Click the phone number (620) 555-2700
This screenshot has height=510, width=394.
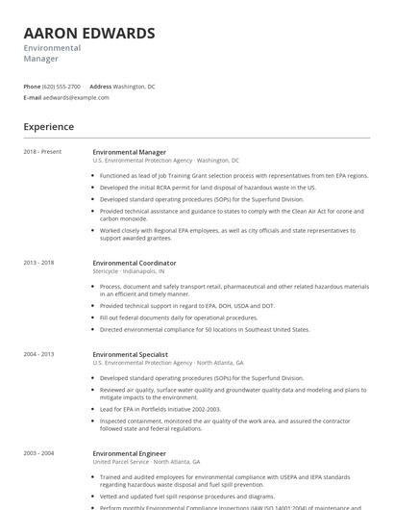62,86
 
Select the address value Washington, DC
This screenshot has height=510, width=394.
134,86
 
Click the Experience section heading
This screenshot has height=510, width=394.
48,126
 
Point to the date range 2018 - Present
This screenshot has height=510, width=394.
42,152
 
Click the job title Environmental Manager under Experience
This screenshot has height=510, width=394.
129,152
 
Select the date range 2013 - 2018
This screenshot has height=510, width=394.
38,263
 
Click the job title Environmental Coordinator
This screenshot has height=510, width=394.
135,263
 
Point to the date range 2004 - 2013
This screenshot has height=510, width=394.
38,354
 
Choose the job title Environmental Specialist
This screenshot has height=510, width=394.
131,354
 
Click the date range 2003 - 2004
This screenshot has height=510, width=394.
38,452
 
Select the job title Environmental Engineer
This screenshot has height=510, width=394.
129,452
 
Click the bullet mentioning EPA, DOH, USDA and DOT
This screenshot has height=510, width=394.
186,305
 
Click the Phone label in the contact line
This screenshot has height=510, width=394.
32,86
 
